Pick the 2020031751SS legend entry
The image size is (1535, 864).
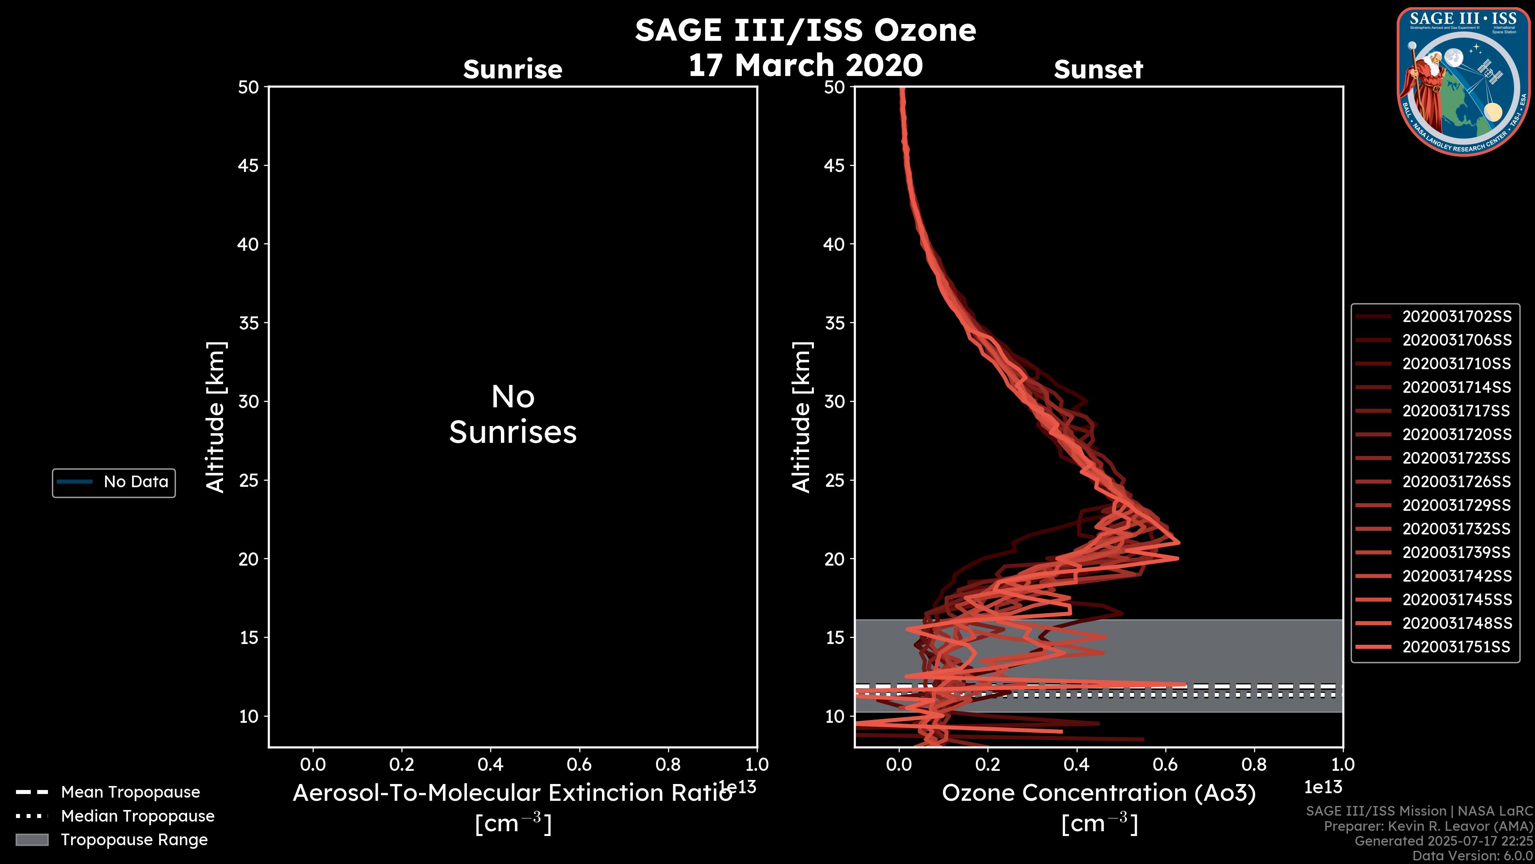coord(1456,647)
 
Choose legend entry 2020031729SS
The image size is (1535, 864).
coord(1456,506)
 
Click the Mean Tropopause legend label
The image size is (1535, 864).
coord(130,792)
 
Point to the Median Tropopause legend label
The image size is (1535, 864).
coord(138,816)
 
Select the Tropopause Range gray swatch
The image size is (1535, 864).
coord(32,840)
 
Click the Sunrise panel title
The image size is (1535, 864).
coord(512,70)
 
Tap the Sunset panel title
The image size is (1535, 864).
coord(1098,70)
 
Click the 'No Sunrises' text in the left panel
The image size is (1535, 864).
coord(512,414)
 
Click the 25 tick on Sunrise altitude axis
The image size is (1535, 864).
coord(249,480)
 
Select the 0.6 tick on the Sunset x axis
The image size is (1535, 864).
coord(1165,764)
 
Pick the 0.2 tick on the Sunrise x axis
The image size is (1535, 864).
coord(402,764)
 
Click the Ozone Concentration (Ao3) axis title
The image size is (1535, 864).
coord(1098,793)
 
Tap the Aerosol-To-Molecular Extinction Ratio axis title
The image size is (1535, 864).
coord(512,793)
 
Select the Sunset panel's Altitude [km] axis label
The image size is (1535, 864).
coord(801,417)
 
